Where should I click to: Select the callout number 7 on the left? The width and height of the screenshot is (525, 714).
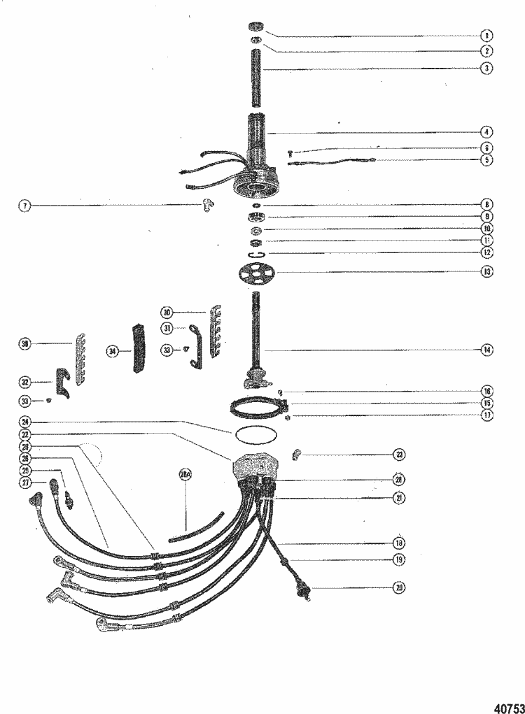[x=25, y=206]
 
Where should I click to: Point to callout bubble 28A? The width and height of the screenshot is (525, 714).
[x=185, y=476]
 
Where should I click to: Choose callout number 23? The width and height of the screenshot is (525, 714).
[x=400, y=455]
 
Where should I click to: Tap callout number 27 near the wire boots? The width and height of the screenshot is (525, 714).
[x=25, y=483]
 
